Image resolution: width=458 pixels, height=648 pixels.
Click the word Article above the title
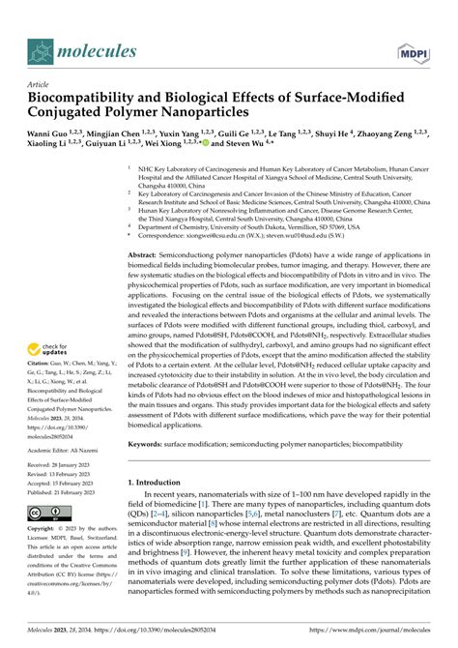(x=38, y=83)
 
